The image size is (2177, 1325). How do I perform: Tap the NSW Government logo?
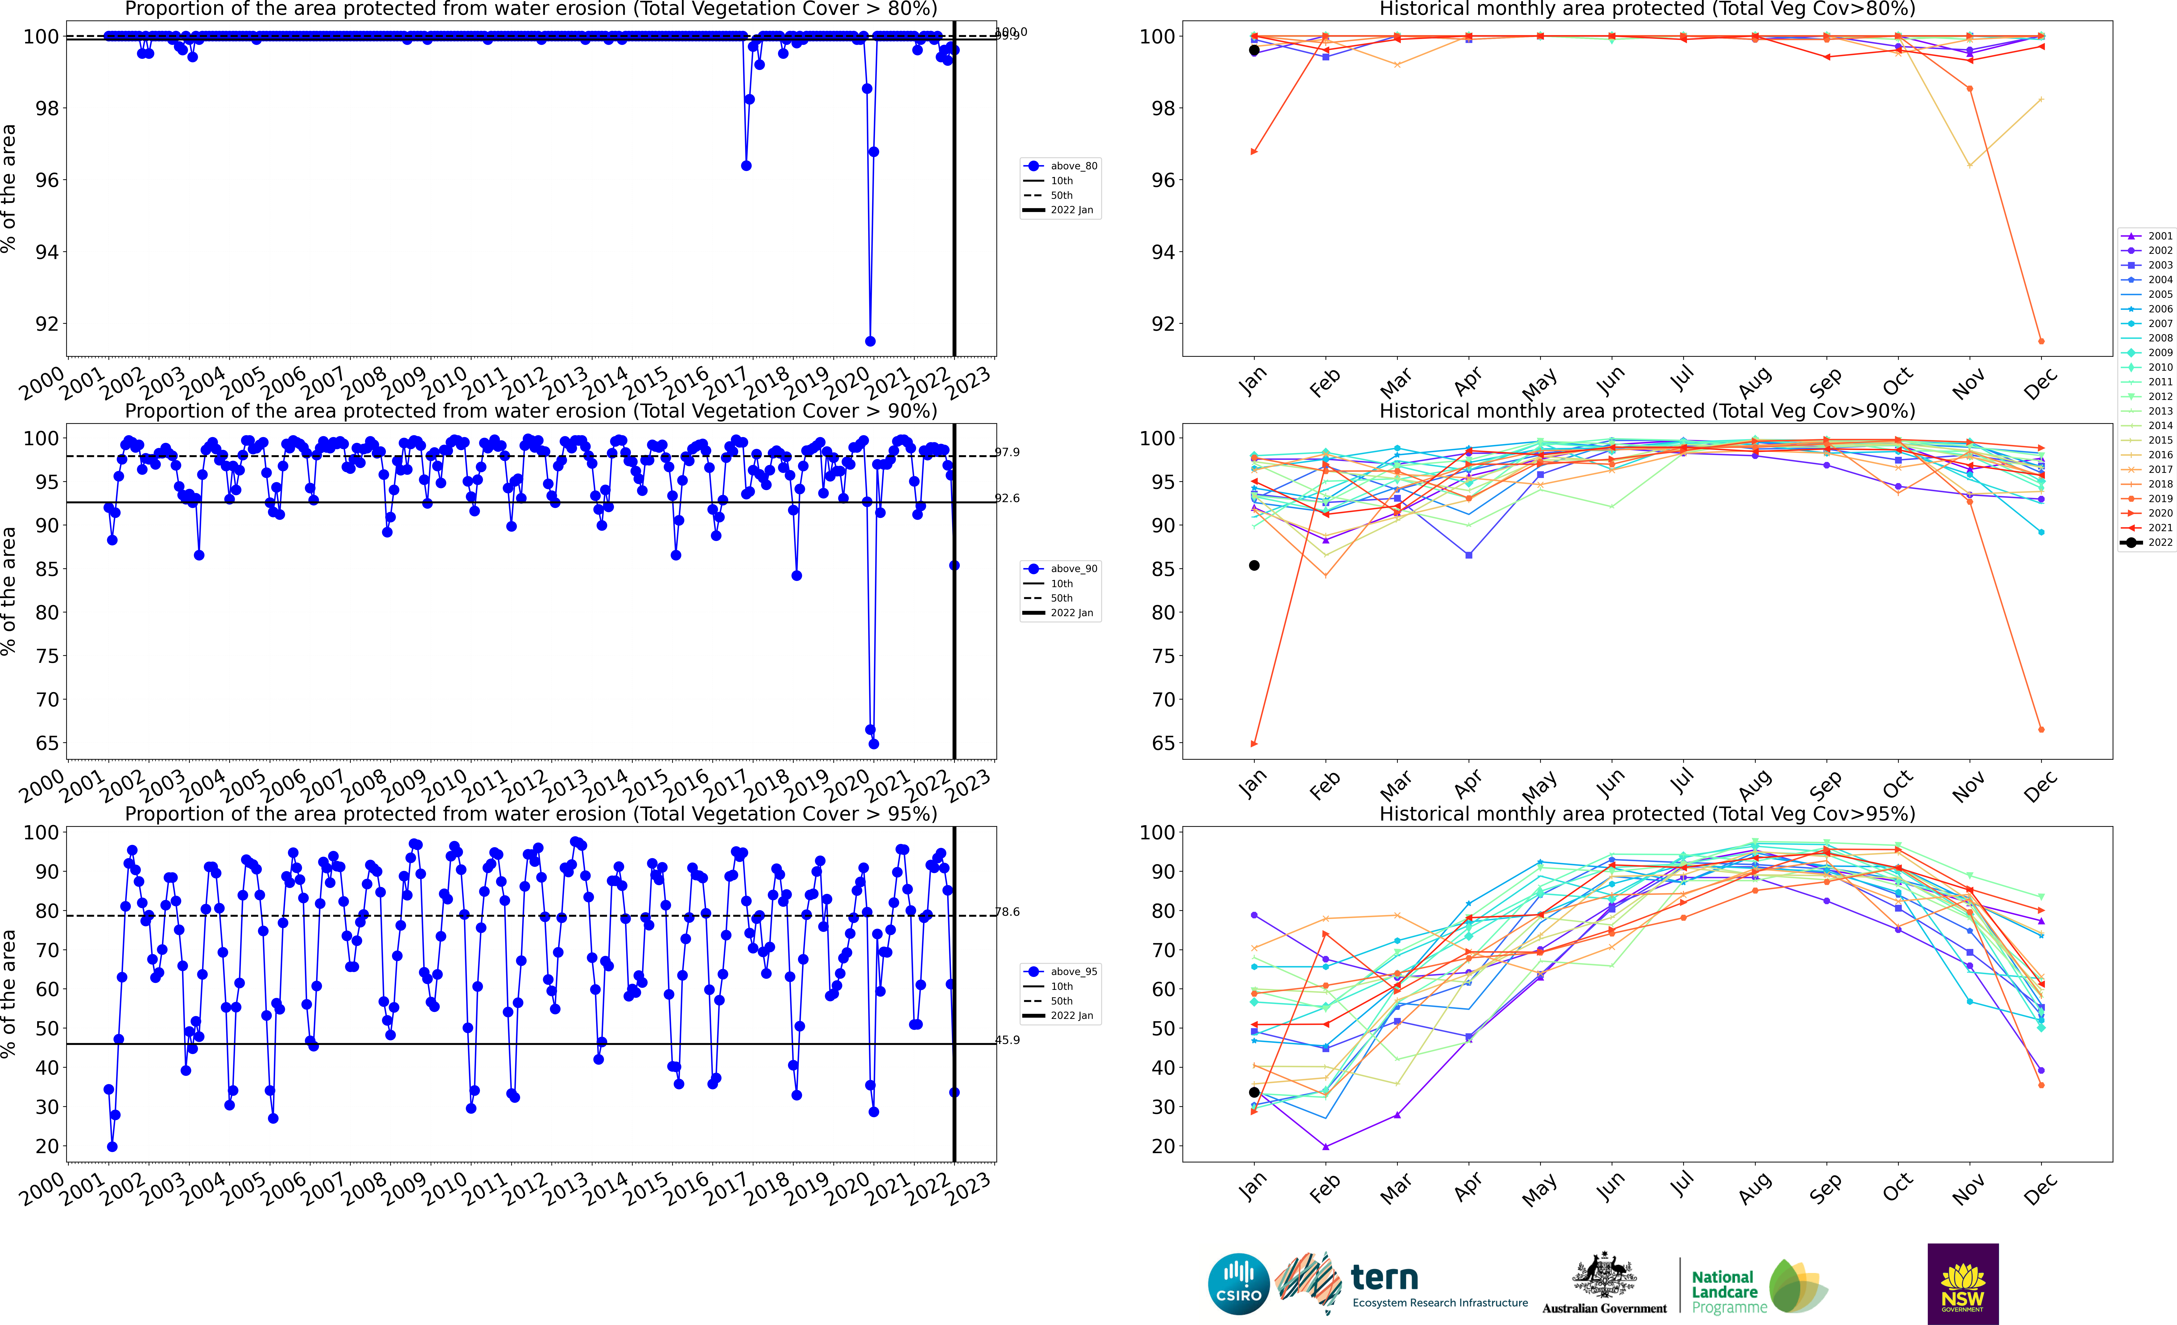coord(1962,1283)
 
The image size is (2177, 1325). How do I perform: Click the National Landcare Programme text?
coord(1724,1291)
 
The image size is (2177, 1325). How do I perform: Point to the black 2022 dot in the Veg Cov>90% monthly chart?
coord(1254,565)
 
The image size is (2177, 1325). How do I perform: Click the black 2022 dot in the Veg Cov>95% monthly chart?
coord(1254,1093)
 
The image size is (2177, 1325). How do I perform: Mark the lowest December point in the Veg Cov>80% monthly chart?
coord(2041,341)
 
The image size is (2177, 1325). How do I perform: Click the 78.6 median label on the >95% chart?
coord(1007,912)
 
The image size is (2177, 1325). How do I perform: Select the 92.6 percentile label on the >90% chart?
coord(1007,498)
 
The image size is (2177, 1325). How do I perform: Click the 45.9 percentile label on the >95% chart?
coord(1007,1040)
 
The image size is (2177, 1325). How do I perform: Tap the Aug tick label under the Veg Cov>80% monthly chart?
coord(1754,383)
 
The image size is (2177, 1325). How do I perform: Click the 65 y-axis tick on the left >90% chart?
coord(47,743)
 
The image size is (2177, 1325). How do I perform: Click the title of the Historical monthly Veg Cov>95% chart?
coord(1647,814)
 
